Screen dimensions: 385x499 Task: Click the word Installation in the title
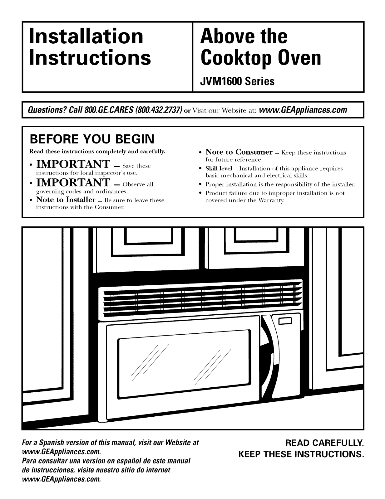point(86,36)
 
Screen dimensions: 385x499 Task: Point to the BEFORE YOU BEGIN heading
point(92,139)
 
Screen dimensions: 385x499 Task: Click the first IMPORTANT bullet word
point(73,164)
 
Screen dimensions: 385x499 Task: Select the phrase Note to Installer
point(66,200)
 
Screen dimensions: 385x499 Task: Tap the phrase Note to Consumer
point(239,152)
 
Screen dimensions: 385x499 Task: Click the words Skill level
point(219,168)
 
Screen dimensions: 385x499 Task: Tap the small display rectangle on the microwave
point(285,321)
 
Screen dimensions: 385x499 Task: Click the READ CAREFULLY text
point(324,443)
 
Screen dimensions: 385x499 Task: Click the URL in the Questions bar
point(303,110)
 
